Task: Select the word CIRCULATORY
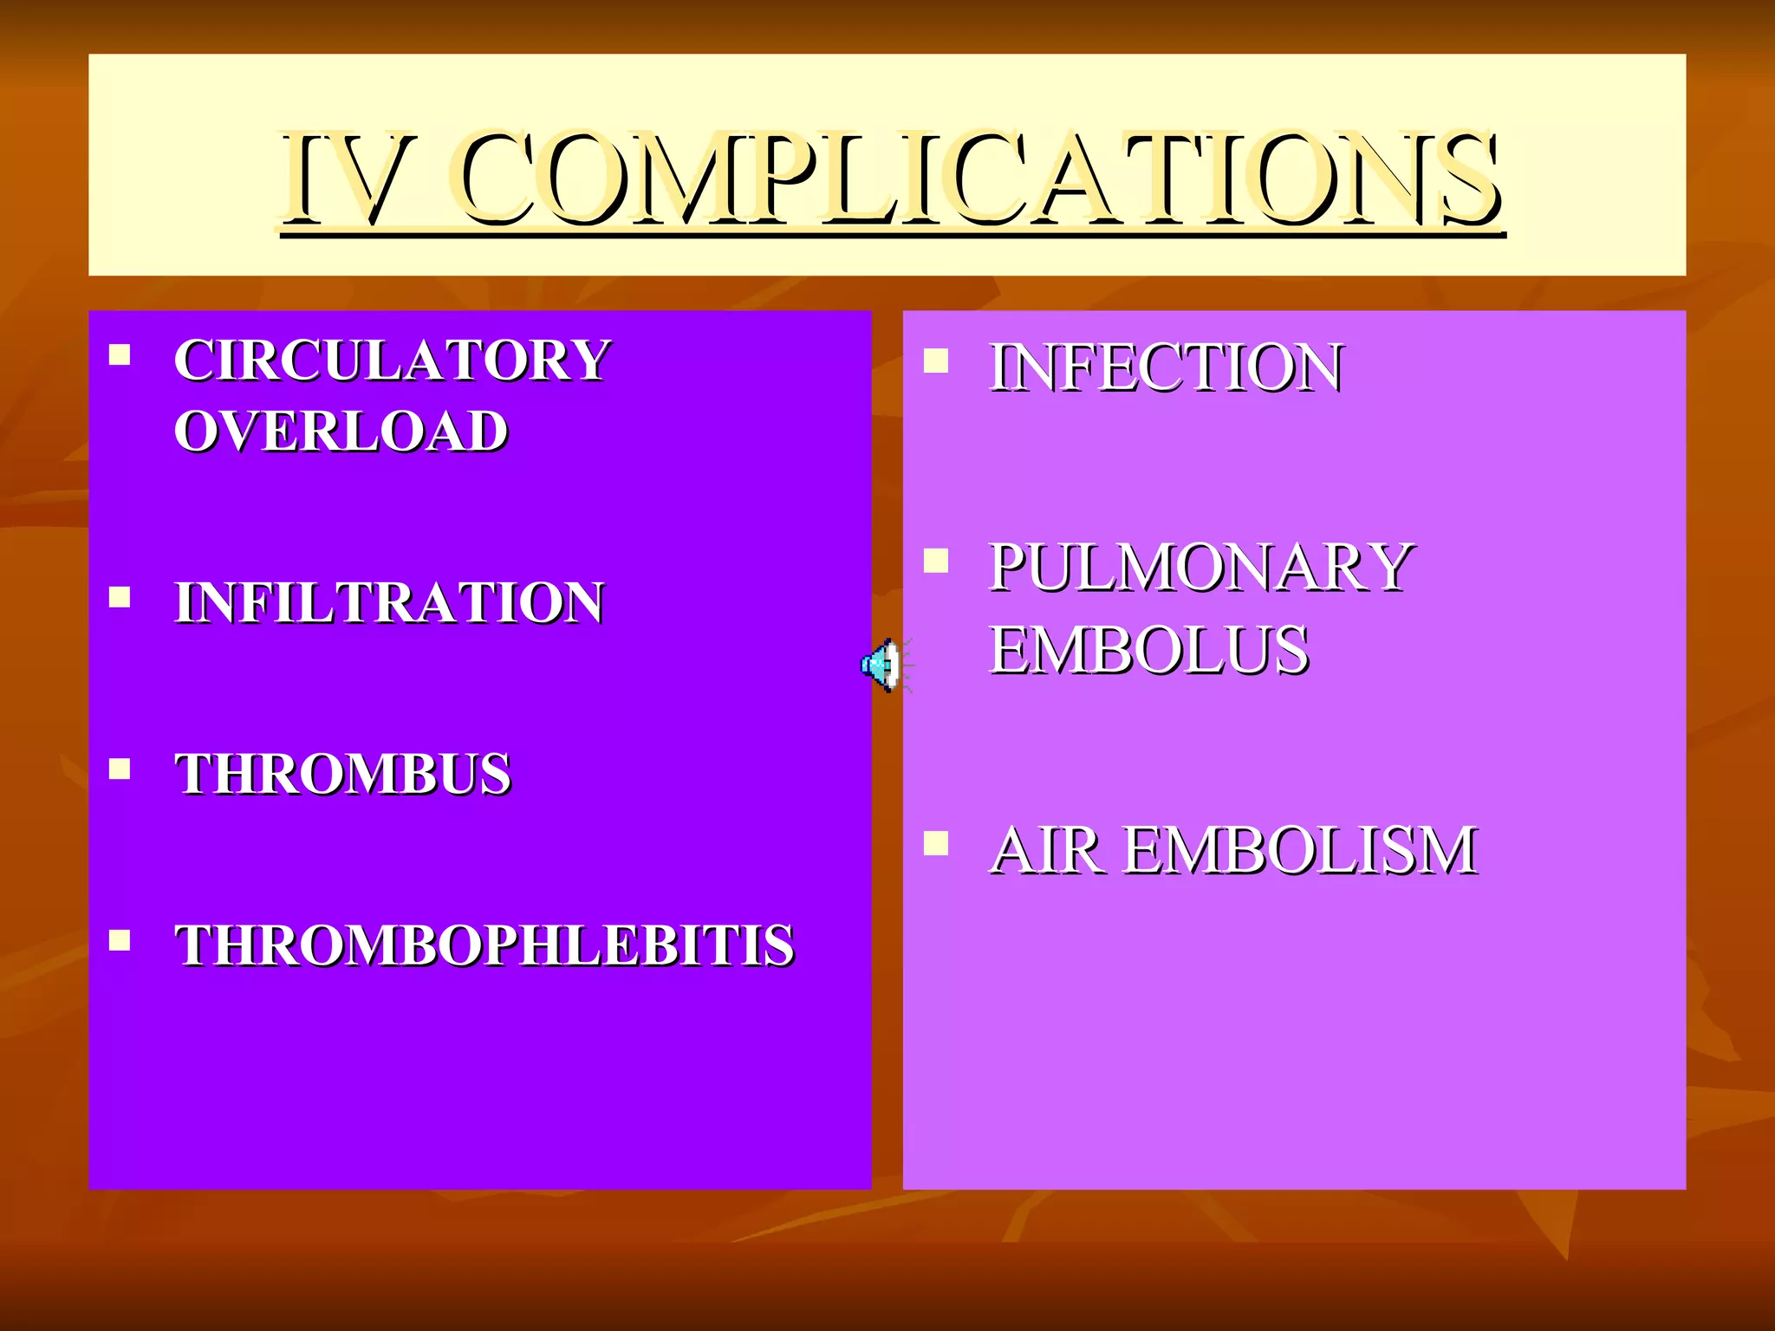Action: (392, 360)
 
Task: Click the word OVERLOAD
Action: (340, 431)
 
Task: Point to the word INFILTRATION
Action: (389, 602)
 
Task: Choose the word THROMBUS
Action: (342, 773)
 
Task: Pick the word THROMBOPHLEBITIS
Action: (484, 945)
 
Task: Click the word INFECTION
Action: (1166, 367)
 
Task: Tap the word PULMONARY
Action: (1201, 568)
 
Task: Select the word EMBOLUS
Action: (1148, 650)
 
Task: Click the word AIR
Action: (1047, 850)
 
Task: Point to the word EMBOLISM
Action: (1300, 850)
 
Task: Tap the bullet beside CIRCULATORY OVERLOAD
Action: (120, 354)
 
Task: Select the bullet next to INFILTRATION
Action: (120, 597)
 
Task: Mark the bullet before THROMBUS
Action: (120, 769)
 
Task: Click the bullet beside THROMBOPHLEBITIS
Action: (120, 940)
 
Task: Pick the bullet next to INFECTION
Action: (935, 360)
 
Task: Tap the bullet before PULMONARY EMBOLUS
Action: (935, 562)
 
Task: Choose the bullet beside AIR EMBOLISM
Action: (935, 843)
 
